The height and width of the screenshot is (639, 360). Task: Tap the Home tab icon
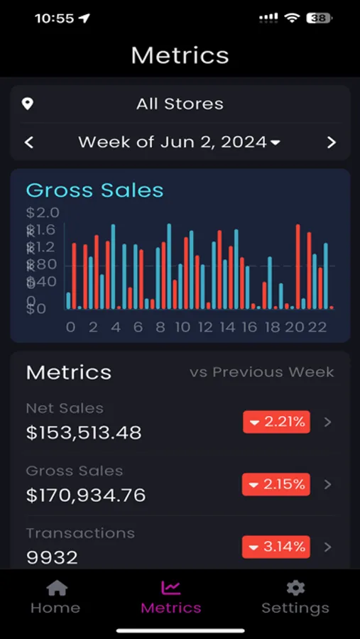click(56, 588)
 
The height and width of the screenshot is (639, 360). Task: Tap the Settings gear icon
click(295, 588)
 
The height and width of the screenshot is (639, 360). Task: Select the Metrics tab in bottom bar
click(171, 597)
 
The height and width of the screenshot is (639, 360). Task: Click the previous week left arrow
click(29, 142)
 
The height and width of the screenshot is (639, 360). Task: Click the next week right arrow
click(331, 142)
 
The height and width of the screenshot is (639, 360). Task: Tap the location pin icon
click(28, 104)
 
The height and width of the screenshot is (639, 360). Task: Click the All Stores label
click(180, 104)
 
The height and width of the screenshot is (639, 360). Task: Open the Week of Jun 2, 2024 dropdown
click(180, 142)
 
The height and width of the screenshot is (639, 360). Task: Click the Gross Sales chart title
click(94, 190)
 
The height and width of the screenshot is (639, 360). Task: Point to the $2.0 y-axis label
click(43, 212)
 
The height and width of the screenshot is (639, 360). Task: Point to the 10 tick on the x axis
click(182, 327)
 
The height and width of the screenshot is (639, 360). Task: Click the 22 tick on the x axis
click(317, 327)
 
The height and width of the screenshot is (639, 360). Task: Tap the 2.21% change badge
click(276, 422)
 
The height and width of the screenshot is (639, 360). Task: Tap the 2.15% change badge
click(276, 484)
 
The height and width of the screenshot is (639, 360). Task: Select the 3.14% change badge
click(276, 547)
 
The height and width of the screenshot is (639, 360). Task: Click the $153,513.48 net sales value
click(84, 432)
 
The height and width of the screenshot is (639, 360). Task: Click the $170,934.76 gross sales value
click(86, 495)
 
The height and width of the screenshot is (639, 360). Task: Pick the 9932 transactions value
click(52, 557)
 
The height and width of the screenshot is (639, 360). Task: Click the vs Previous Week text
click(261, 372)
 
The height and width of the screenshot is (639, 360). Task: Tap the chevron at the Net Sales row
click(327, 422)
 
